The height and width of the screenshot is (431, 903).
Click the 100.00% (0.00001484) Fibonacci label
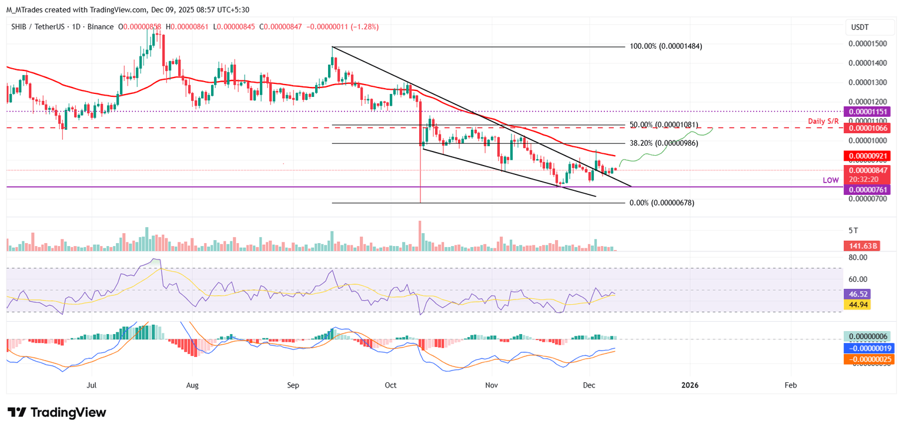[666, 46]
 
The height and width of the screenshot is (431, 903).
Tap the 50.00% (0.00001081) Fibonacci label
[664, 125]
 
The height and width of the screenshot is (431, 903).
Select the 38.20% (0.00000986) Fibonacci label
[664, 143]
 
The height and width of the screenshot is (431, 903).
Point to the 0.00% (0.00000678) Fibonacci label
[661, 203]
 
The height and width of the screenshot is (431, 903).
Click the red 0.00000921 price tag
[867, 156]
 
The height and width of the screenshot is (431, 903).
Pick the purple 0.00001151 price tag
[867, 112]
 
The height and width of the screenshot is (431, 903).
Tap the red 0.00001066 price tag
[867, 127]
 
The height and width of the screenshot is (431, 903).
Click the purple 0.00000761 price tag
[867, 189]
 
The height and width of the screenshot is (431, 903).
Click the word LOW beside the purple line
[831, 180]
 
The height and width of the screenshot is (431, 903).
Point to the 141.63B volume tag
[862, 246]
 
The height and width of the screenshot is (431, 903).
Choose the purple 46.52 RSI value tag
[862, 294]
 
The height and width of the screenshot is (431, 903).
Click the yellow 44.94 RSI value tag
[862, 304]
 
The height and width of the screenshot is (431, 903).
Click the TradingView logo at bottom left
[56, 412]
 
